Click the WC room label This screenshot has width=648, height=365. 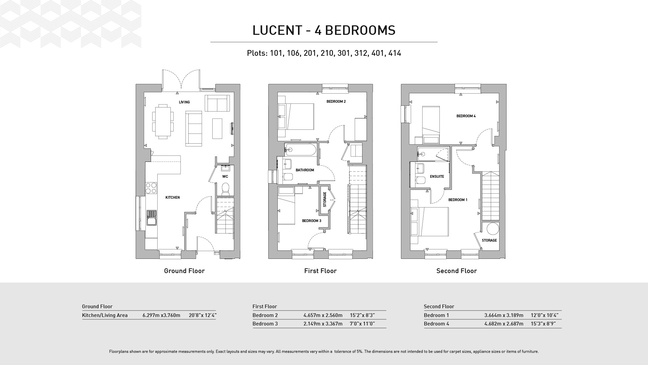tap(225, 176)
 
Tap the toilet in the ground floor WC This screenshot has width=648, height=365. tap(225, 189)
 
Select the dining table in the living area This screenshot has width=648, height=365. tap(163, 121)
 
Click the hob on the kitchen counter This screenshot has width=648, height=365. tap(151, 188)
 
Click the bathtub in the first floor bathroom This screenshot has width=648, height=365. tap(300, 149)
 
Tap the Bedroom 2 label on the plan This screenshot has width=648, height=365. tap(336, 101)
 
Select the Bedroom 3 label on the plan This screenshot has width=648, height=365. tap(312, 221)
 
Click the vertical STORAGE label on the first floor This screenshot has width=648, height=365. tap(325, 199)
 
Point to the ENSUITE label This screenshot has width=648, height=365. tap(437, 176)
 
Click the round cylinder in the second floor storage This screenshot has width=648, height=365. tap(493, 229)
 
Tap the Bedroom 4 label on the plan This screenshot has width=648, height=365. tap(466, 116)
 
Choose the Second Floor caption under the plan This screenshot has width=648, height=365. tap(457, 271)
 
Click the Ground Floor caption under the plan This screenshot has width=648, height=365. tap(184, 271)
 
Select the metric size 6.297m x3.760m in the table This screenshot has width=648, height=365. tap(161, 315)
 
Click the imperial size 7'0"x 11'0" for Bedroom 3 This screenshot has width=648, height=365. tap(362, 324)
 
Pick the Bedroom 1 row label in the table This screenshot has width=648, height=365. tap(436, 315)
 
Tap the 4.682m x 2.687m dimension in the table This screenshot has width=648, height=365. tap(504, 324)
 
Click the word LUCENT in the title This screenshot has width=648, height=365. tap(277, 30)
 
